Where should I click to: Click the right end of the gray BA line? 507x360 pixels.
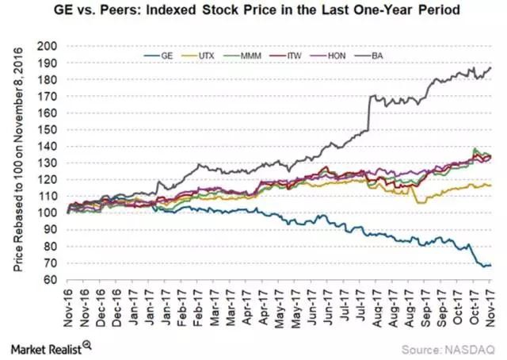(490, 67)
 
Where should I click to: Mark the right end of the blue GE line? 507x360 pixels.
(490, 265)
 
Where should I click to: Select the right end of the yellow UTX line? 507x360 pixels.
(490, 186)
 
